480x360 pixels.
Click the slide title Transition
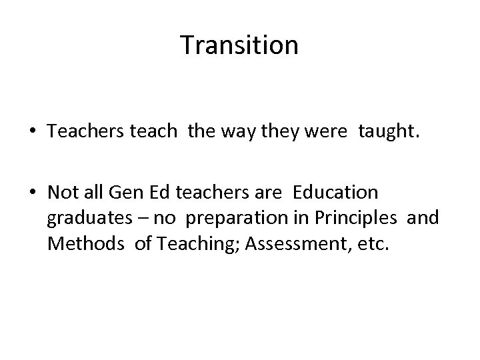pos(239,46)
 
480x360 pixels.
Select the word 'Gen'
pos(117,193)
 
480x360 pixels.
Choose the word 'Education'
pos(336,193)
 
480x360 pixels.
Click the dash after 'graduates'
pos(129,219)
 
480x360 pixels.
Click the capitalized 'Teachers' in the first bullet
pos(80,133)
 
